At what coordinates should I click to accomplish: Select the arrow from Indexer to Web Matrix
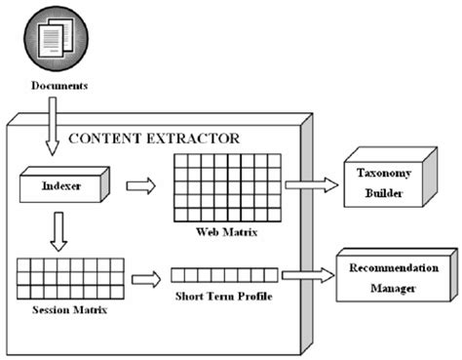[x=140, y=185]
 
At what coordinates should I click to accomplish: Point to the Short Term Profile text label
[x=223, y=297]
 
